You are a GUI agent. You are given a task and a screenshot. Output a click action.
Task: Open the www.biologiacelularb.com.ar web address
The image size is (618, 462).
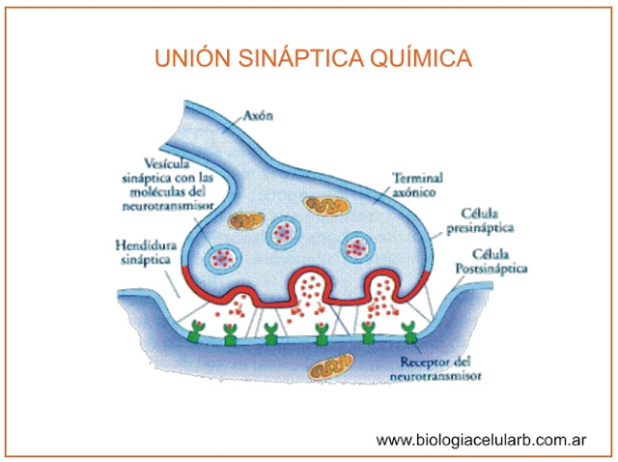pyautogui.click(x=482, y=440)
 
